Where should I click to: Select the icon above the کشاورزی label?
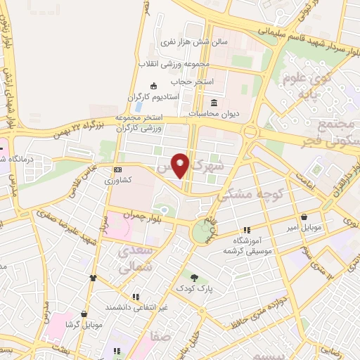[117, 169]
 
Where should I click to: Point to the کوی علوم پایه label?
[309, 84]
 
